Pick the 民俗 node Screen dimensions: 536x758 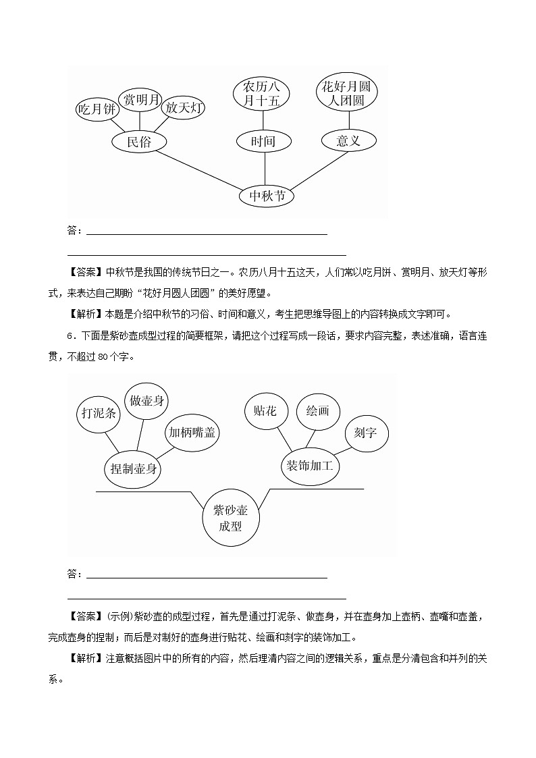139,142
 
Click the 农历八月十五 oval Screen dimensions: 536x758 261,93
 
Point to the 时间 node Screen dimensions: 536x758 264,142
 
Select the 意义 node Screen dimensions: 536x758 349,140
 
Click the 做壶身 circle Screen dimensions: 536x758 147,401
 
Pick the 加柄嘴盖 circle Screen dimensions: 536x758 192,433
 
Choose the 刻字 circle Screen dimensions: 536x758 366,433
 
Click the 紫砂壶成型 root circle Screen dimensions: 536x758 231,518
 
